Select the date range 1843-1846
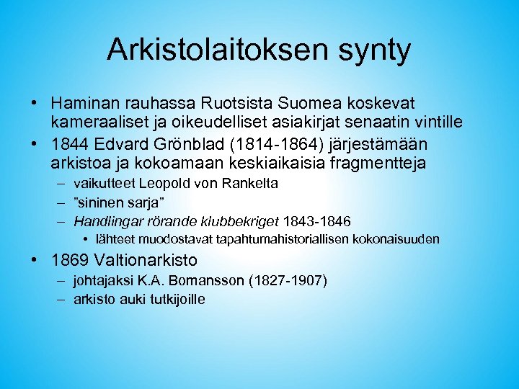pos(318,220)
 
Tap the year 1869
pos(71,260)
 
